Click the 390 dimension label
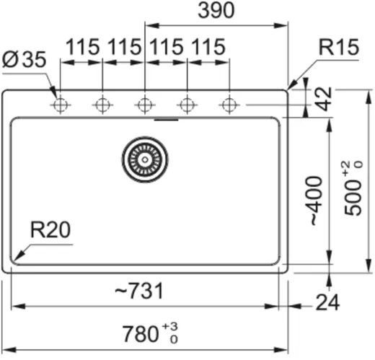(216, 10)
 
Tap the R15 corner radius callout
(338, 47)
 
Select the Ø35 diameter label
(24, 59)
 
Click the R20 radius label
(50, 229)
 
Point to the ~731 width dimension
(139, 291)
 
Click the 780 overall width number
(141, 334)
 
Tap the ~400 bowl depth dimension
(317, 201)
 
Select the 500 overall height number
(353, 198)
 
